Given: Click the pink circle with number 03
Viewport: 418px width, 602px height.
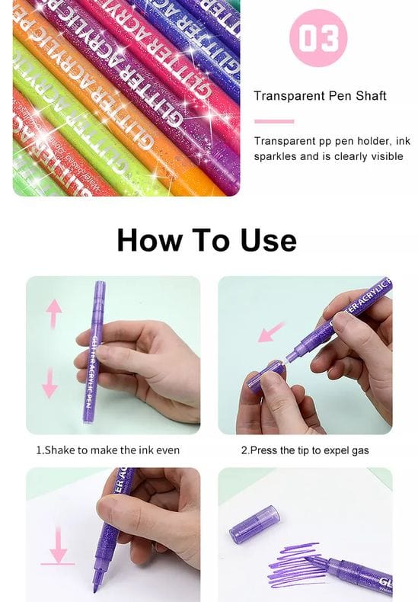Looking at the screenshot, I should (318, 37).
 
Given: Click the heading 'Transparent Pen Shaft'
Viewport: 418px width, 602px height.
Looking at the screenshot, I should (320, 96).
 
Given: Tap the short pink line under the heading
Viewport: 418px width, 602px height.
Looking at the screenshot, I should (274, 121).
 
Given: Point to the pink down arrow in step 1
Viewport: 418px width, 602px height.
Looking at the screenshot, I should (50, 383).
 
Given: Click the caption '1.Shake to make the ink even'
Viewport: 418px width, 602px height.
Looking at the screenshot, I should (108, 450).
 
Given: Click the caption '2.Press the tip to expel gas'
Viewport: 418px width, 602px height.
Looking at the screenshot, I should (305, 450).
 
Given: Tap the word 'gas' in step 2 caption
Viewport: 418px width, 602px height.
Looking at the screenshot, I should (359, 450).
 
